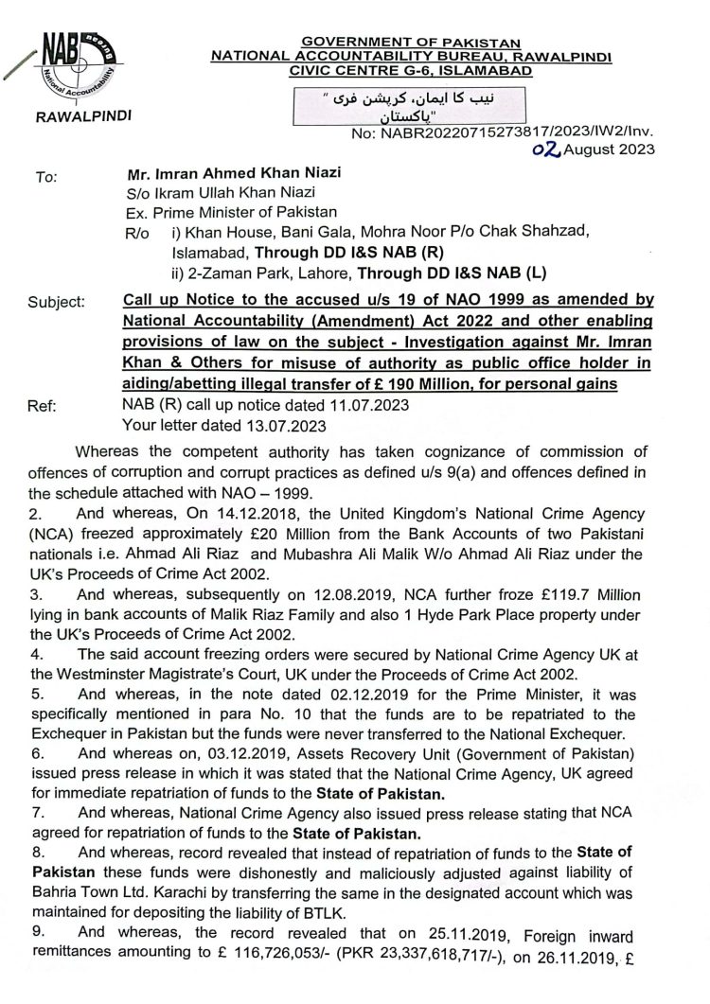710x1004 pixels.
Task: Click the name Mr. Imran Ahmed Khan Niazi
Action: click(234, 175)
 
